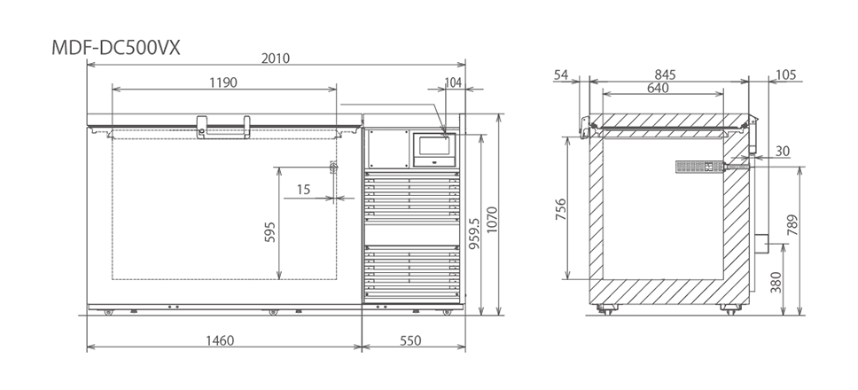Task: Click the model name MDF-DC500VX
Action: [x=116, y=48]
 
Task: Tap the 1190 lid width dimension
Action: [x=223, y=82]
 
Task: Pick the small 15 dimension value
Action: [x=303, y=189]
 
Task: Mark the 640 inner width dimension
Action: [x=658, y=88]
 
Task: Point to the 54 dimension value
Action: [x=560, y=74]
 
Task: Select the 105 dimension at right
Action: [x=784, y=74]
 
